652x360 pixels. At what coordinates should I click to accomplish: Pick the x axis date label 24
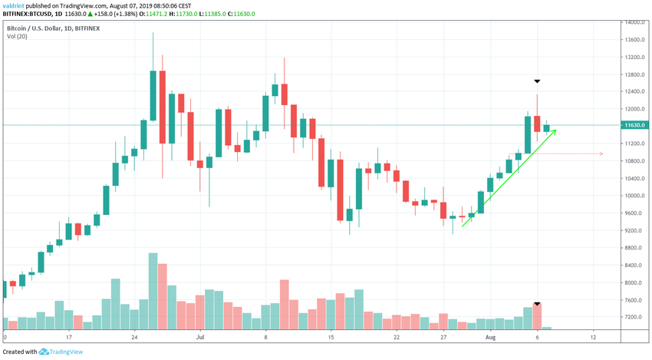click(134, 337)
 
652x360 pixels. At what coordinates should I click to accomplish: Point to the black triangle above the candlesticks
click(538, 81)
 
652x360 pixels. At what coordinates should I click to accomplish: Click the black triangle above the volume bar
click(538, 304)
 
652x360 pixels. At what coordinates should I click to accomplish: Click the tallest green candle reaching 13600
click(153, 95)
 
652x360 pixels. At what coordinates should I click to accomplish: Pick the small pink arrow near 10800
click(601, 154)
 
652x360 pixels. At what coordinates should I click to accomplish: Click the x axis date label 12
click(594, 337)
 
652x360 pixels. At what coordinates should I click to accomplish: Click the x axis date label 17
click(69, 337)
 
